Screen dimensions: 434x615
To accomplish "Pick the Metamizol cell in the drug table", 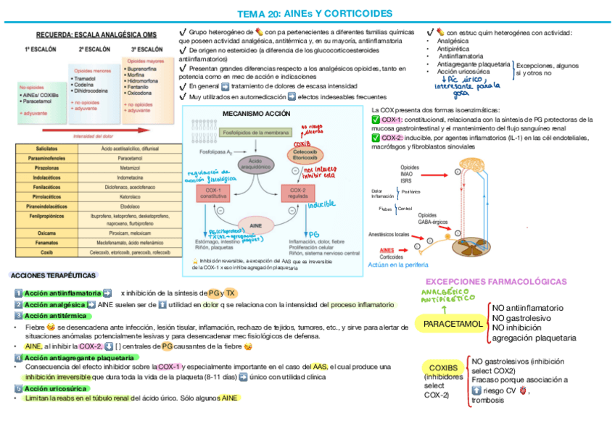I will (x=130, y=167).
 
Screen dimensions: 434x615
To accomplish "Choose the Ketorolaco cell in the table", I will (x=130, y=196).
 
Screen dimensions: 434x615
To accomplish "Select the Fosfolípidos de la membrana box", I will (x=255, y=133).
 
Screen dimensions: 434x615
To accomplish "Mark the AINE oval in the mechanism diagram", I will (x=255, y=225).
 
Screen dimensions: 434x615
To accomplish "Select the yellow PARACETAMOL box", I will (x=453, y=323).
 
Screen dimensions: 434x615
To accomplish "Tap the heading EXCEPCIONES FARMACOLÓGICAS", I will (x=496, y=281).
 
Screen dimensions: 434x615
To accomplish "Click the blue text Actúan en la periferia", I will (x=398, y=264).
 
